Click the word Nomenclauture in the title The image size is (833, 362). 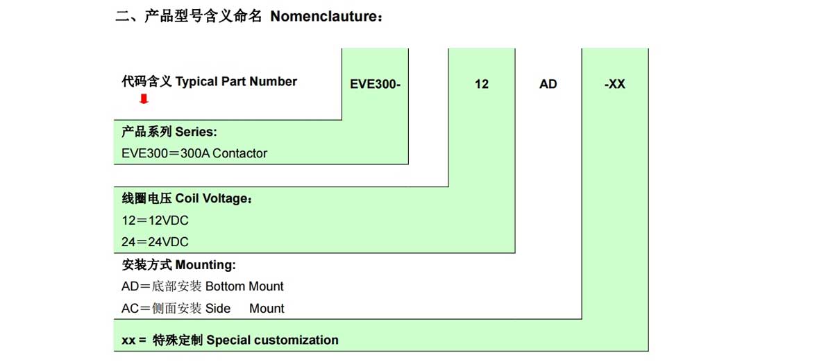pos(323,17)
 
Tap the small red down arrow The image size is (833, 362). pos(144,99)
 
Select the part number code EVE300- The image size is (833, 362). pos(375,84)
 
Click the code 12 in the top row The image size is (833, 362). pos(482,84)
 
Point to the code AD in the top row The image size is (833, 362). pos(548,84)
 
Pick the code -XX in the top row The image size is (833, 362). pos(615,84)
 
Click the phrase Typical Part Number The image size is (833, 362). pos(236,82)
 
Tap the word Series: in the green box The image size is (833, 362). pos(196,132)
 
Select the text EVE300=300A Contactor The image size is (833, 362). pos(194,153)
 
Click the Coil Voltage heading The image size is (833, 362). pos(213,198)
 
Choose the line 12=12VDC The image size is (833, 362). pos(155,221)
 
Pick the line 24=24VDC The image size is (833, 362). pos(155,242)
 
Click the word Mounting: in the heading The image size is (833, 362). pos(205,265)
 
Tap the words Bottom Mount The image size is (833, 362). pos(244,286)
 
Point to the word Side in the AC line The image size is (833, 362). pos(218,308)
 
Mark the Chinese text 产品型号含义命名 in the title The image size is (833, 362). pos(203,17)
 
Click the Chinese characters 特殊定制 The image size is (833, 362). pos(178,340)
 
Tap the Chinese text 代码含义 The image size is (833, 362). pos(146,81)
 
